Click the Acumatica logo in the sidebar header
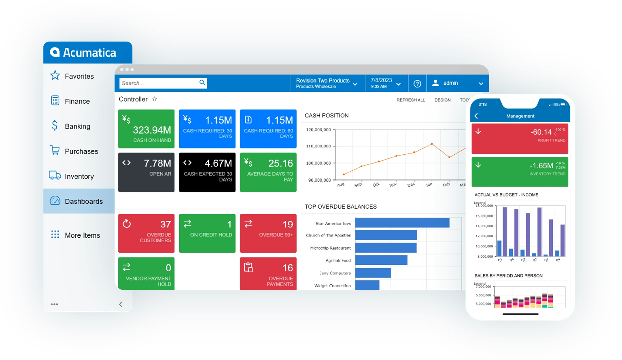pos(83,53)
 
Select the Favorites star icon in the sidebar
pos(55,76)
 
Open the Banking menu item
pos(77,126)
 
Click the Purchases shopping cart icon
pos(55,151)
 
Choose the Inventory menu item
pos(79,177)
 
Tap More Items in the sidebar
pos(82,235)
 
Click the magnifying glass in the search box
pos(202,83)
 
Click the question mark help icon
pos(417,83)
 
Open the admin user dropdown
pos(458,83)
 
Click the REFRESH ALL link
pos(411,100)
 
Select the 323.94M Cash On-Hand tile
pos(146,129)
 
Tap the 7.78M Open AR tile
pos(146,172)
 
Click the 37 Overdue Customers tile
pos(146,233)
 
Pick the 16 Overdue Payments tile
pos(268,274)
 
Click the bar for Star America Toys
pos(402,223)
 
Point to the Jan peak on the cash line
pos(432,144)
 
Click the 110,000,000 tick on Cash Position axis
pos(318,146)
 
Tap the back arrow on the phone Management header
pos(476,116)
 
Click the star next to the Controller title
pos(155,99)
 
